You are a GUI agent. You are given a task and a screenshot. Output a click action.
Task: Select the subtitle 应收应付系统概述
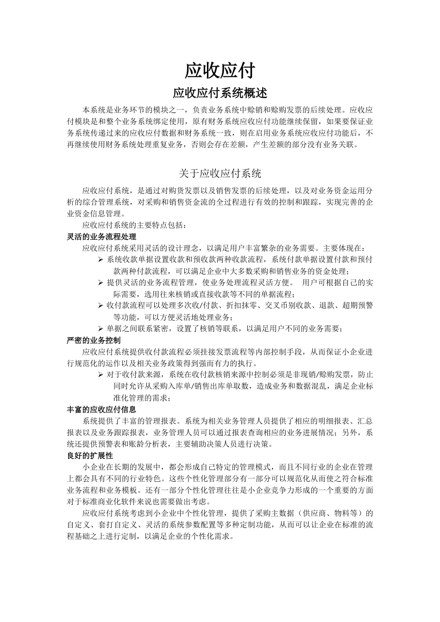[x=220, y=93]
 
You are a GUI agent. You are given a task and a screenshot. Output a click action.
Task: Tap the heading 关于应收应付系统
[x=220, y=174]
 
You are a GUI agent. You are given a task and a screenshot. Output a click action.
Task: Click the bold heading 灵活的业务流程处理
[x=101, y=236]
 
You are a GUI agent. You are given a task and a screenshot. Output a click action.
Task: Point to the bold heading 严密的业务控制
[x=94, y=340]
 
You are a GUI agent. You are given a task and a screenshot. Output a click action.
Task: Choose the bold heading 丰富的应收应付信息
[x=101, y=410]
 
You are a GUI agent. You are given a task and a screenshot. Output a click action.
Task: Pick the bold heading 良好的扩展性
[x=90, y=456]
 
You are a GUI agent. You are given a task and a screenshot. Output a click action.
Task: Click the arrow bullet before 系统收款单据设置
[x=101, y=260]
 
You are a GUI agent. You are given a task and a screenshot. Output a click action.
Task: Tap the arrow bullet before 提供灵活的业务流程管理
[x=101, y=283]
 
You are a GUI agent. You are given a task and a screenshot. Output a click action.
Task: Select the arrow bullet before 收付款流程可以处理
[x=101, y=306]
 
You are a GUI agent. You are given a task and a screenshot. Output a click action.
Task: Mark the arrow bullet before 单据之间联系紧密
[x=101, y=329]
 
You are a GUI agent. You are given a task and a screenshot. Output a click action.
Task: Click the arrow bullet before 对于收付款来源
[x=101, y=374]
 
